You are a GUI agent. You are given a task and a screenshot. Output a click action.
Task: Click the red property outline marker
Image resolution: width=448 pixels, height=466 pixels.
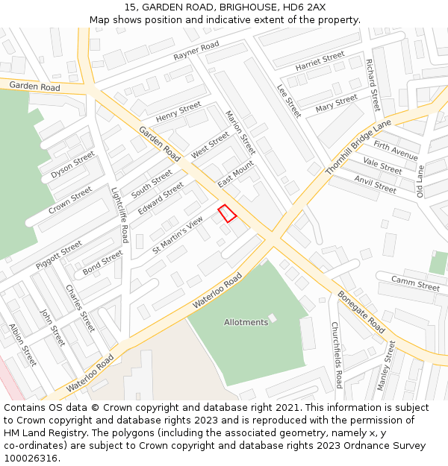point(227,213)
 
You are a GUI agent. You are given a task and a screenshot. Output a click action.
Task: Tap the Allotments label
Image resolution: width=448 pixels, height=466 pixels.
point(246,323)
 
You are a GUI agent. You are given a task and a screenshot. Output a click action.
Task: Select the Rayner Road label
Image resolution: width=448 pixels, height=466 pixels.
point(196,51)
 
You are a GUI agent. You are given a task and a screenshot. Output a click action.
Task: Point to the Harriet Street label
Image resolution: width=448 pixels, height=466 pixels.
point(320,61)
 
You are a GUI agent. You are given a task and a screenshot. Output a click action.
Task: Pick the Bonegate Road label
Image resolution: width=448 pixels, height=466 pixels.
point(361,312)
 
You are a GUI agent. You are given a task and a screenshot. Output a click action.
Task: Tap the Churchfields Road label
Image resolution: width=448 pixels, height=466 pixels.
point(336,355)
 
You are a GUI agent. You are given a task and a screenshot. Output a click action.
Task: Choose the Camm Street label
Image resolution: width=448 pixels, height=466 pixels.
point(416,284)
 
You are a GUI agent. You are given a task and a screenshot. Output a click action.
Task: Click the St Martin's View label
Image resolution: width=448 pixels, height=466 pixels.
point(178,234)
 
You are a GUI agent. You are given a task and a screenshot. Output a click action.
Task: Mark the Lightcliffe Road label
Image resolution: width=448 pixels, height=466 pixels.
point(119,214)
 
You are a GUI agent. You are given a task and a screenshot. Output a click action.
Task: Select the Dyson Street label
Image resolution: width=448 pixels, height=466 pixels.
point(73,165)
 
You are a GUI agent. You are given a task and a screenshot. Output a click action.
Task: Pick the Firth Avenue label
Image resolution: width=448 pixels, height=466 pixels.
point(396,151)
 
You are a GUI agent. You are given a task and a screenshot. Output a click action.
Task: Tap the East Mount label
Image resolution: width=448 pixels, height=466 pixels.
point(236,173)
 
